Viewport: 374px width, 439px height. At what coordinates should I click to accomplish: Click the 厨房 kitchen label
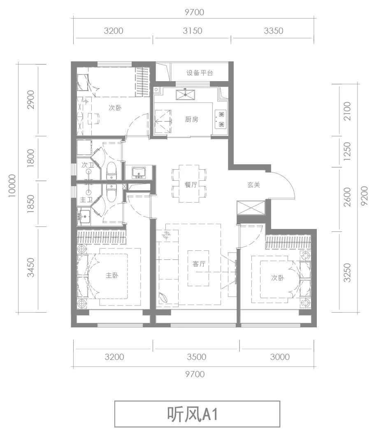coord(191,119)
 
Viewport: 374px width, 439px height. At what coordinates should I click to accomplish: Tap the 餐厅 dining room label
coord(191,184)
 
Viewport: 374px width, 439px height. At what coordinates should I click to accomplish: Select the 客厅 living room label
coord(199,264)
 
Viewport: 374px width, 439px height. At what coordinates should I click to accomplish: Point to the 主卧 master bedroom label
coord(112,276)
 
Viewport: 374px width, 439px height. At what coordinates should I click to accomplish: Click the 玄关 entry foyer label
coord(254,184)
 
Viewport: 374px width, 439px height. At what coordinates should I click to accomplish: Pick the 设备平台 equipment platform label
coord(200,73)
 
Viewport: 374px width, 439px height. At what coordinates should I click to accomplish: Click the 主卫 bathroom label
coord(86,200)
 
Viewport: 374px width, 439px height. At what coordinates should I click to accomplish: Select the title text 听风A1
coord(193,414)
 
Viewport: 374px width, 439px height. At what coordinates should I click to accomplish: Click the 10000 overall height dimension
coord(12,186)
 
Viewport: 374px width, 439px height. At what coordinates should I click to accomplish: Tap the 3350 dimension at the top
coord(274,30)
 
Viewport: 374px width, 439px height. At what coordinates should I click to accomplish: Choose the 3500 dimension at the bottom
coord(196,357)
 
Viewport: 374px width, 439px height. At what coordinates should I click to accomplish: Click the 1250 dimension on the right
coord(346,151)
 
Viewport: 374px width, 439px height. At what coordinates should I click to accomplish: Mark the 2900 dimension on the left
coord(30,100)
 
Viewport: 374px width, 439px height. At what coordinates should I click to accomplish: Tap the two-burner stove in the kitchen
coord(221,119)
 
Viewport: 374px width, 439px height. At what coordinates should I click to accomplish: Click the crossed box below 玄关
coord(251,208)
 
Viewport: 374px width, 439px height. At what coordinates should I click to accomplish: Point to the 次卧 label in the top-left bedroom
coord(115,107)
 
